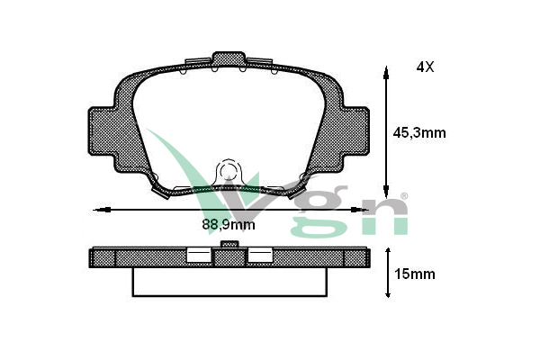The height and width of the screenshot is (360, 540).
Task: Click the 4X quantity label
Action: [425, 67]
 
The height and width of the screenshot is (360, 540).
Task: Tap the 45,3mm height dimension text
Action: [421, 132]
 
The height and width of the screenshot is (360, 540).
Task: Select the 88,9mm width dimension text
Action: [226, 225]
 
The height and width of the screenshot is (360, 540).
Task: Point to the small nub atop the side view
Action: [229, 244]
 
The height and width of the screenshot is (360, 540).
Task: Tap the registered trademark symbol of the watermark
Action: [404, 195]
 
